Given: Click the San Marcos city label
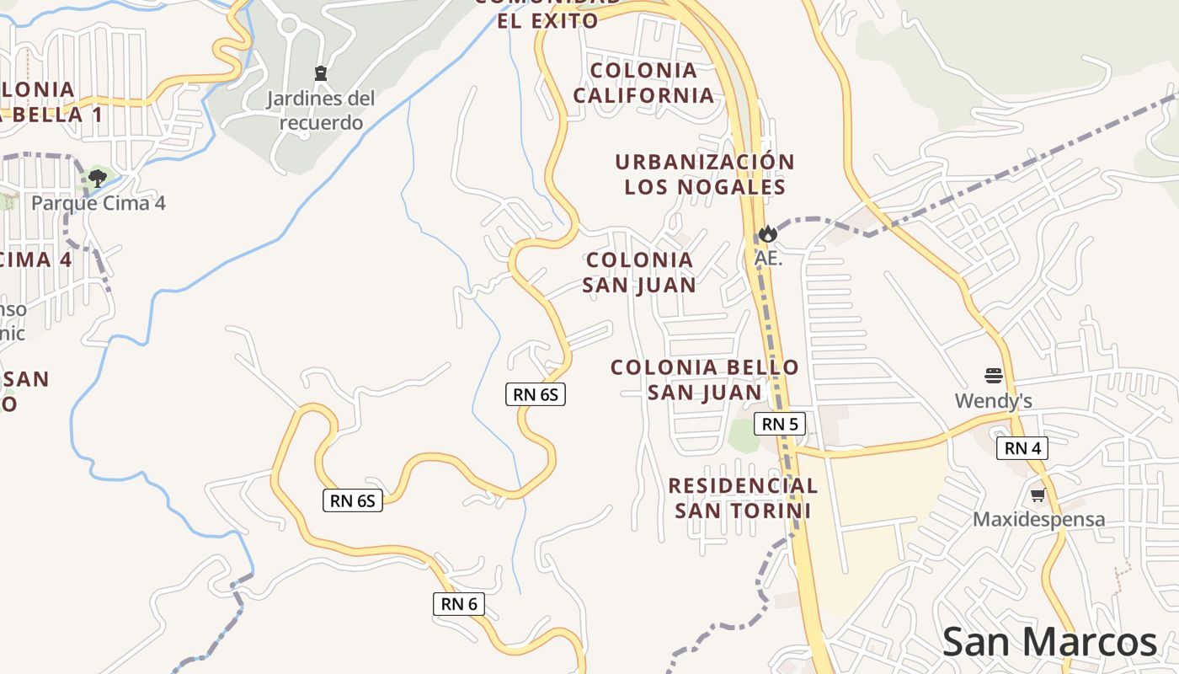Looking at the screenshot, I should pos(1049,643).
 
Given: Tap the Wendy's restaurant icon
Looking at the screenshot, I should pos(994,375).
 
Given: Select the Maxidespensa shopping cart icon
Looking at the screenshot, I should pos(1038,495).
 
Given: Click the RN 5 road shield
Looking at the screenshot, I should pos(779,424).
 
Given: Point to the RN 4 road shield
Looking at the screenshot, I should pos(1022,448).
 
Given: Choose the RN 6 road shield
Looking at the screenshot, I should pos(459,603).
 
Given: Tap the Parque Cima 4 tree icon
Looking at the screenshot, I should pos(97,178).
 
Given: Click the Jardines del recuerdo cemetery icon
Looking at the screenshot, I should pos(320,73).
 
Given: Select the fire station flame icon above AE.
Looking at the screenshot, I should pos(767,233).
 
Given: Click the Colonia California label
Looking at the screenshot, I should pos(643,83).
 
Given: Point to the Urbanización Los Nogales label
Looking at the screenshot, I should pos(705,174).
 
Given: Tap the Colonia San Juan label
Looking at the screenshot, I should pos(639,272).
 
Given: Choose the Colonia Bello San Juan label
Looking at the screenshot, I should pos(704,380).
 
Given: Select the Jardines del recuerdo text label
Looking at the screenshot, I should pos(321,110).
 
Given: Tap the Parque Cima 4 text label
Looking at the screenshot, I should pos(99,203).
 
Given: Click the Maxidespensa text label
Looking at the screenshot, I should pos(1038,519).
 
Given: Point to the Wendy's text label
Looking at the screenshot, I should pos(993,400).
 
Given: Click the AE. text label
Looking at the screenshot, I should pos(768,258).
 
